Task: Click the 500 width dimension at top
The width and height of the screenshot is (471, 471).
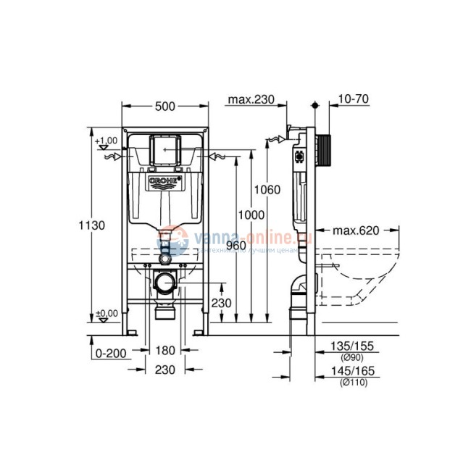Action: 165,107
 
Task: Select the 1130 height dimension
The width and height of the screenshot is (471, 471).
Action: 92,225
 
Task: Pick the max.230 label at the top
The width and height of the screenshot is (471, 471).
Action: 250,99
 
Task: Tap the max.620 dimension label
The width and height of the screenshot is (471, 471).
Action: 357,231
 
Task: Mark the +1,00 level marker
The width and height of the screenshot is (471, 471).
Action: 107,140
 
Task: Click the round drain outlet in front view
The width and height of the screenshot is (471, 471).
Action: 165,283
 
